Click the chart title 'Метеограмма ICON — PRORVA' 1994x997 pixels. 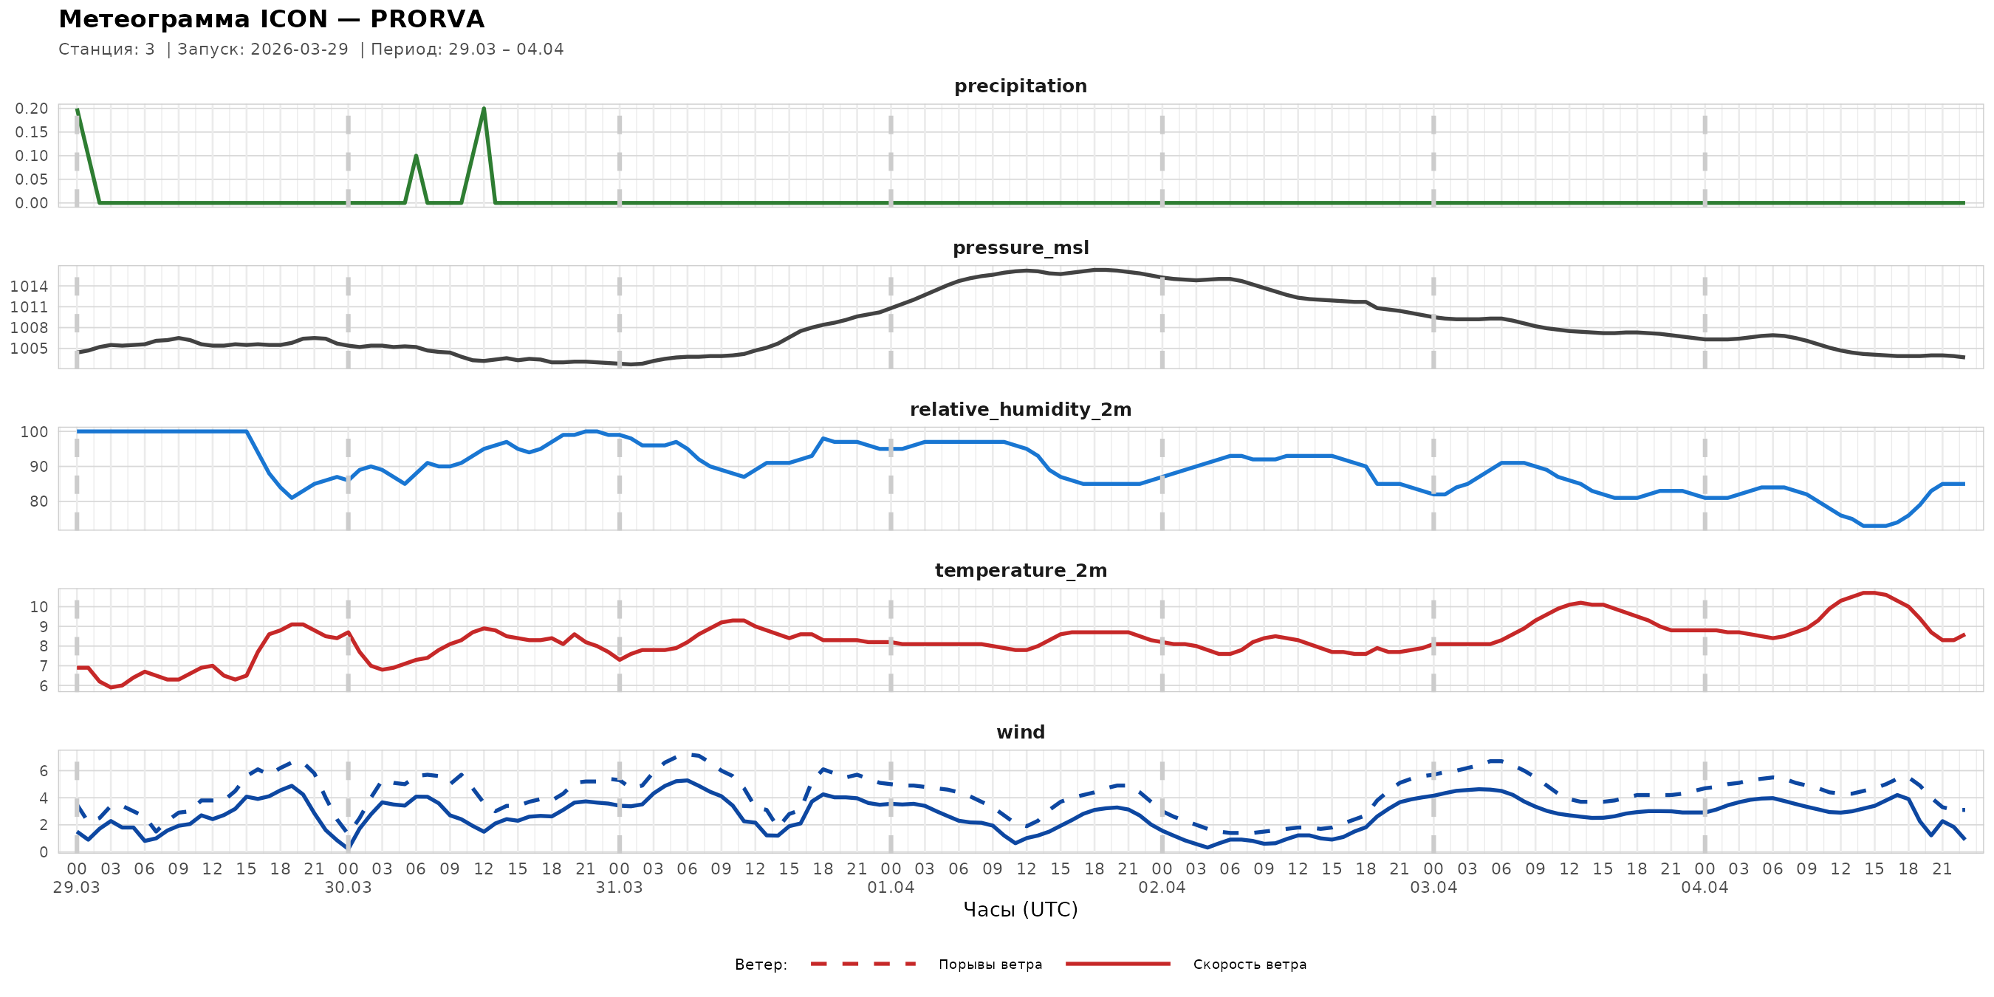tap(271, 18)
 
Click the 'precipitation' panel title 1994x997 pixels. tap(1020, 86)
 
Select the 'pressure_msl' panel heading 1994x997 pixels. tap(1020, 247)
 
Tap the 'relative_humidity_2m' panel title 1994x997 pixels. tap(1020, 409)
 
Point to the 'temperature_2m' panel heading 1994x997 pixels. tap(1020, 570)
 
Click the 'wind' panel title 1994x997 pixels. tap(1020, 733)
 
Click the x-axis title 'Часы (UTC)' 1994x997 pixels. tap(1020, 910)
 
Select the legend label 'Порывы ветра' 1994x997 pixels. tap(990, 965)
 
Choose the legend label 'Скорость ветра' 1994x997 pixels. tap(1250, 965)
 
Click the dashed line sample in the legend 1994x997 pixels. tap(863, 964)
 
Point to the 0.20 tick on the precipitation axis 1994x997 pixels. tap(31, 109)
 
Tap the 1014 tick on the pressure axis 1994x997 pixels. tap(29, 287)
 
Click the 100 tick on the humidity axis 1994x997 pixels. tap(34, 432)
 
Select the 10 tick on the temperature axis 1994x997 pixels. tap(38, 607)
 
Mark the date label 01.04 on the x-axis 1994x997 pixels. tap(890, 888)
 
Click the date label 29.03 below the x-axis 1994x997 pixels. tap(77, 888)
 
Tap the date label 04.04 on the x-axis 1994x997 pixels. tap(1705, 888)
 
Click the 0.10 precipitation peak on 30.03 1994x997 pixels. tap(416, 156)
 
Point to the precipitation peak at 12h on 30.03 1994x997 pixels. tap(484, 109)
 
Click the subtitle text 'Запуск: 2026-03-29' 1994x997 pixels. tap(263, 49)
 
